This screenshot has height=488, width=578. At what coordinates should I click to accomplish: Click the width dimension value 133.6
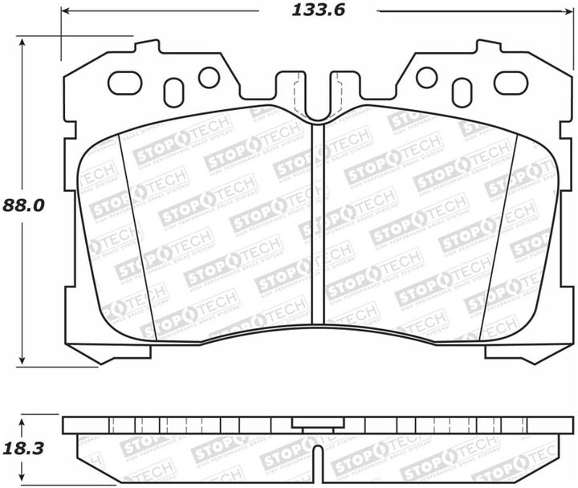pyautogui.click(x=317, y=11)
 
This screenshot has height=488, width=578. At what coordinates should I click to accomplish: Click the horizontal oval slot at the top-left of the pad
pyautogui.click(x=124, y=82)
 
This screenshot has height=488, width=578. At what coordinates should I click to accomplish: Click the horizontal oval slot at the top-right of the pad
pyautogui.click(x=509, y=82)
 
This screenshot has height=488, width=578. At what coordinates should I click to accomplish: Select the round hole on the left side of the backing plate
pyautogui.click(x=209, y=77)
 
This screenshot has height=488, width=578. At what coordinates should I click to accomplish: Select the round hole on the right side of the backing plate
pyautogui.click(x=426, y=77)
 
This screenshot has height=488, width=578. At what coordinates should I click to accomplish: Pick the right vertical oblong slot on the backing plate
pyautogui.click(x=461, y=92)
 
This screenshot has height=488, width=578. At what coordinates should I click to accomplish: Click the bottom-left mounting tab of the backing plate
pyautogui.click(x=108, y=352)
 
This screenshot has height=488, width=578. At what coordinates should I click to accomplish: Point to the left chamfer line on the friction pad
pyautogui.click(x=134, y=233)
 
